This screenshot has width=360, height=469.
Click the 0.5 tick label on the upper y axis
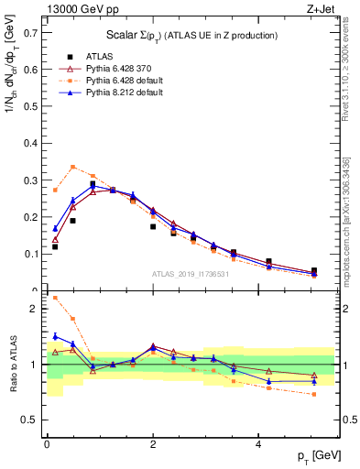(31, 106)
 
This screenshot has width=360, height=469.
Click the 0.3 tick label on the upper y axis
(31, 180)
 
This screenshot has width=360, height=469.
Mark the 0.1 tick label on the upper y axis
(31, 254)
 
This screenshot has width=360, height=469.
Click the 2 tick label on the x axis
(152, 444)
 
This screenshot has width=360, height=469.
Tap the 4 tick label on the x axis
(258, 444)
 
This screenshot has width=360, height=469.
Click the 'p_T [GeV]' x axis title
(316, 457)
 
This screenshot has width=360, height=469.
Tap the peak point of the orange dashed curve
(73, 167)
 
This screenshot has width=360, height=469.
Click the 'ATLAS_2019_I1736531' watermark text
(190, 274)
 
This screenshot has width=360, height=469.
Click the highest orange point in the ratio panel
(55, 298)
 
